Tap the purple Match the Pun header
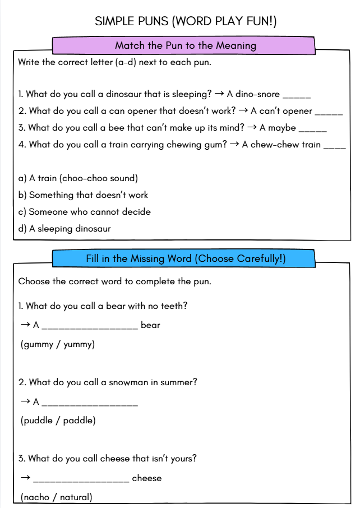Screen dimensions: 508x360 click(185, 45)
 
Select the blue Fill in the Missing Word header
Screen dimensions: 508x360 click(186, 258)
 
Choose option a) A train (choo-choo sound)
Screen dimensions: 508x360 click(78, 178)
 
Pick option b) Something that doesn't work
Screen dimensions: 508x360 click(83, 195)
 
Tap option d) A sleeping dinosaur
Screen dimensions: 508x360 click(64, 229)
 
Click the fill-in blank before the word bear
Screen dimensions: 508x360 click(90, 327)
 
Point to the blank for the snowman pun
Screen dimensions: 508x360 click(90, 403)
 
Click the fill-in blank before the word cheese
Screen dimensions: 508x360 click(81, 480)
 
